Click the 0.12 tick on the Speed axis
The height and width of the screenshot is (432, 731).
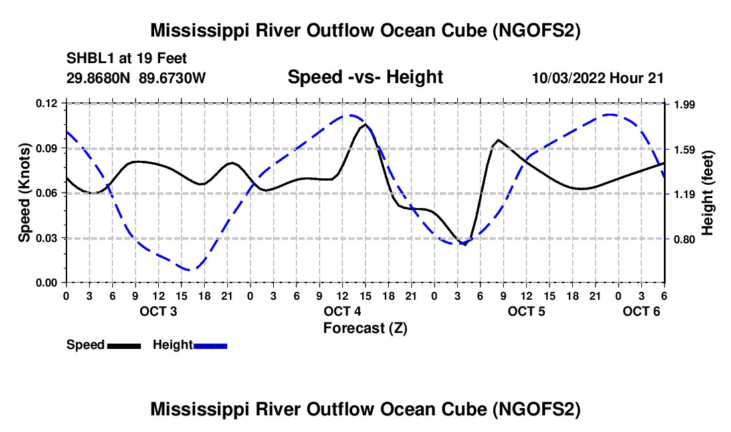point(47,103)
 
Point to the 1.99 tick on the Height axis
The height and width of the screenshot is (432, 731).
point(685,104)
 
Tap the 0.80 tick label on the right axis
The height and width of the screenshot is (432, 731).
point(685,239)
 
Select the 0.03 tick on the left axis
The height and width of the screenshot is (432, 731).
point(47,238)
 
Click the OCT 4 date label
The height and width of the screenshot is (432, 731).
point(342,311)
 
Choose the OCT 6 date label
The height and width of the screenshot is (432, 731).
point(641,311)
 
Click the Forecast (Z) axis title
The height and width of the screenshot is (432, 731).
point(365,328)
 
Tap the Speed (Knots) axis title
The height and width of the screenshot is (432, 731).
point(24,193)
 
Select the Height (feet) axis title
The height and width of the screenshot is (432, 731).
point(707,193)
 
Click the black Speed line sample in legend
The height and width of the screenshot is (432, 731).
point(124,346)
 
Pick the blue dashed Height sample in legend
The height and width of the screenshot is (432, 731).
point(210,346)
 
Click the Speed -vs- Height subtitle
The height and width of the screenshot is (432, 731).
point(365,77)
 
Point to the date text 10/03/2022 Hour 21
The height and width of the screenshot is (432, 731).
point(597,78)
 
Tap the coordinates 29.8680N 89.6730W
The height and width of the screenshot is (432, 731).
point(136,78)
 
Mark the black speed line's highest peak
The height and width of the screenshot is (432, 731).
point(365,124)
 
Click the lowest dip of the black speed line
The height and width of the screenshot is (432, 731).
point(465,244)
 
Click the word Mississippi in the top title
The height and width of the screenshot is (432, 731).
point(196,31)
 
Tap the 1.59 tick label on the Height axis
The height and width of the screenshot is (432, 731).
point(685,150)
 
